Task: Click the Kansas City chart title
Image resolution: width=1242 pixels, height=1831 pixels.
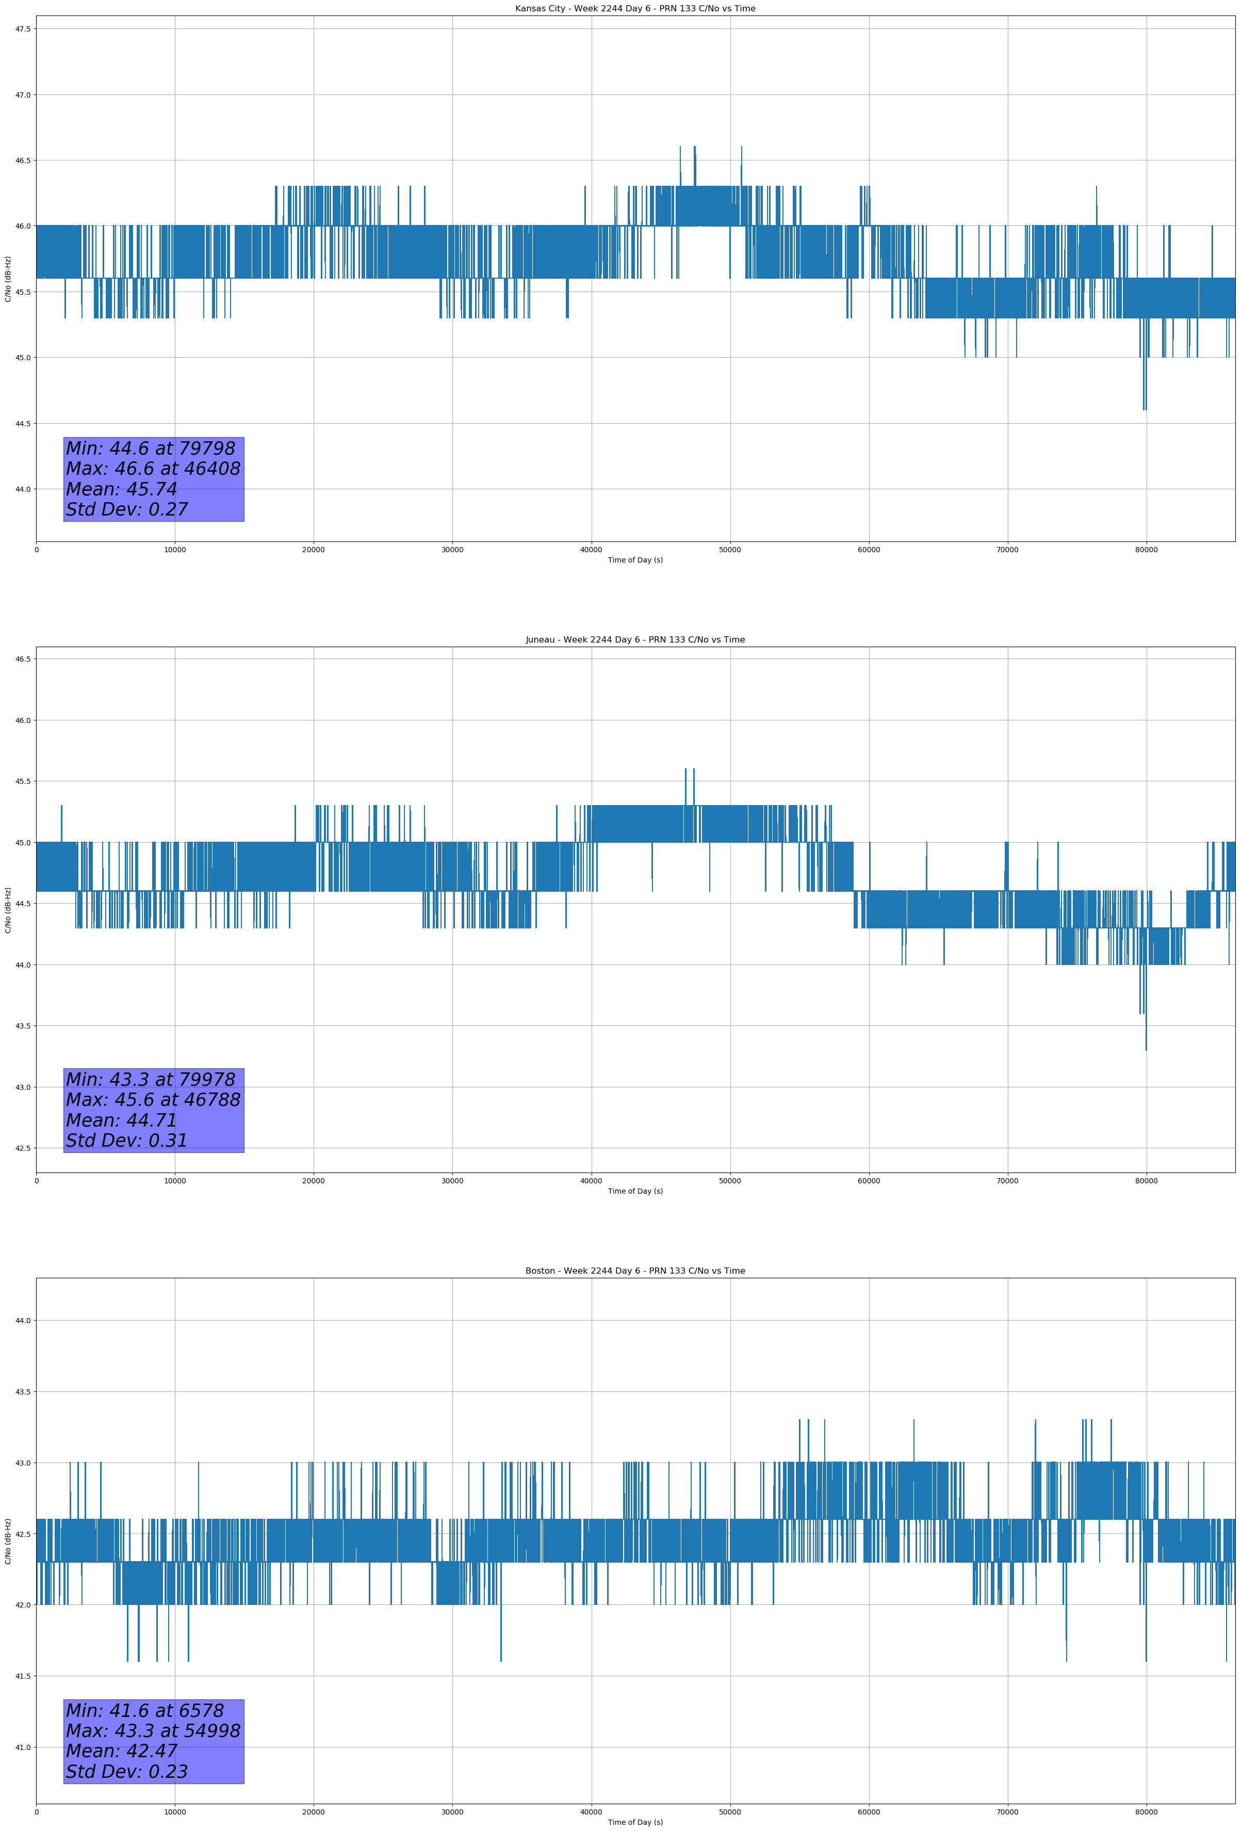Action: pyautogui.click(x=635, y=9)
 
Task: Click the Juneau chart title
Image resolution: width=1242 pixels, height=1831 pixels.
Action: pyautogui.click(x=635, y=640)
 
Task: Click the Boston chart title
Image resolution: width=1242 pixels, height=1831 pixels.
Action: pyautogui.click(x=635, y=1271)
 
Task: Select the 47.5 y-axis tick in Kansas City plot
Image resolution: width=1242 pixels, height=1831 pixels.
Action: pyautogui.click(x=22, y=29)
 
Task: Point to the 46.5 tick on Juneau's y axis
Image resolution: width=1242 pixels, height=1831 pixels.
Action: pyautogui.click(x=22, y=658)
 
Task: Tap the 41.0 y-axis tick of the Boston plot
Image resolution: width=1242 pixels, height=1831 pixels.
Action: pyautogui.click(x=22, y=1747)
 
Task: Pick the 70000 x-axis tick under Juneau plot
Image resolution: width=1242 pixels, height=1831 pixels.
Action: pyautogui.click(x=1007, y=1181)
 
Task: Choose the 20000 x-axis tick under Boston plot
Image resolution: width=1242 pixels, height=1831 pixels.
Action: pyautogui.click(x=314, y=1812)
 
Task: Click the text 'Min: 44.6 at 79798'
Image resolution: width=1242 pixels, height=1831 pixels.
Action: pyautogui.click(x=151, y=448)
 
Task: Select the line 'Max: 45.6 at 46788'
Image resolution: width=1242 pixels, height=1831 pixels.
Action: pyautogui.click(x=153, y=1100)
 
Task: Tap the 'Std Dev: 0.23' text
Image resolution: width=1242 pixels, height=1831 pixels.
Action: pyautogui.click(x=127, y=1772)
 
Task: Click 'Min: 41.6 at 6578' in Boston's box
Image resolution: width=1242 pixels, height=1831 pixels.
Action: pyautogui.click(x=145, y=1710)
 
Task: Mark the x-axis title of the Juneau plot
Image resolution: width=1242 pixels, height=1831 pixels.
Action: pyautogui.click(x=635, y=1191)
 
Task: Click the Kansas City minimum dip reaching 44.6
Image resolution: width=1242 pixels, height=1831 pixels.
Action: pyautogui.click(x=1145, y=409)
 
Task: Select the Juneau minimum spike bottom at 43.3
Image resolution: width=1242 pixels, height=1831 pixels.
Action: pyautogui.click(x=1146, y=1049)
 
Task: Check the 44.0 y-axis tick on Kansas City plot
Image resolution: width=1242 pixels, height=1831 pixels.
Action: pyautogui.click(x=22, y=489)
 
